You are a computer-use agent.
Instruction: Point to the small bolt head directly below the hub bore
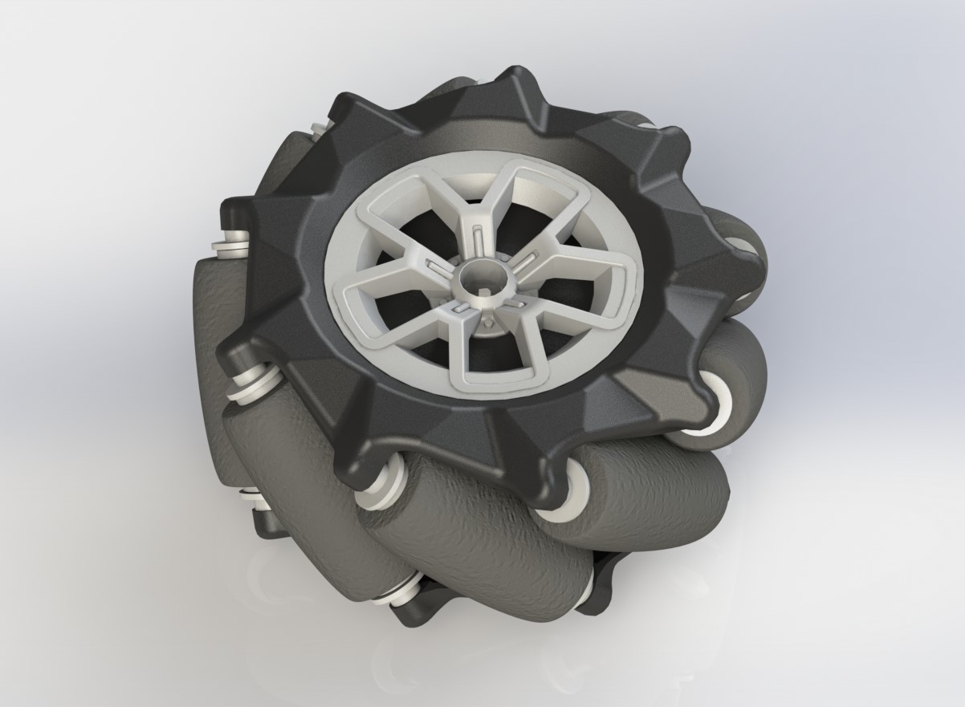click(x=488, y=319)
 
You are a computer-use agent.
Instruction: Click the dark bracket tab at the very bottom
click(x=409, y=614)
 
